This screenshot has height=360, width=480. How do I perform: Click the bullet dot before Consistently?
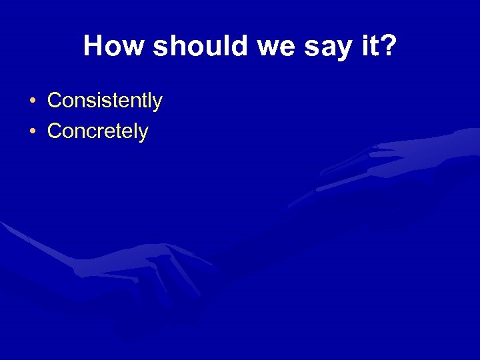[x=33, y=102]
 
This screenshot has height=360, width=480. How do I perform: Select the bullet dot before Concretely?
[x=33, y=132]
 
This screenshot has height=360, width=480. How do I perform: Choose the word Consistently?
[x=105, y=101]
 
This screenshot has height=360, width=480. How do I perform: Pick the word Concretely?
[x=98, y=131]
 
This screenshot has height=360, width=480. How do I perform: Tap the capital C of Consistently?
[x=54, y=101]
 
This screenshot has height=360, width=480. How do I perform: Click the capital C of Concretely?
[x=54, y=131]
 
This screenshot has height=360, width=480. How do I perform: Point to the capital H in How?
[x=93, y=47]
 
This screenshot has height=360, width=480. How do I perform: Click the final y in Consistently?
[x=157, y=104]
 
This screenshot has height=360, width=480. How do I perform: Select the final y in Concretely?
[x=143, y=134]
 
